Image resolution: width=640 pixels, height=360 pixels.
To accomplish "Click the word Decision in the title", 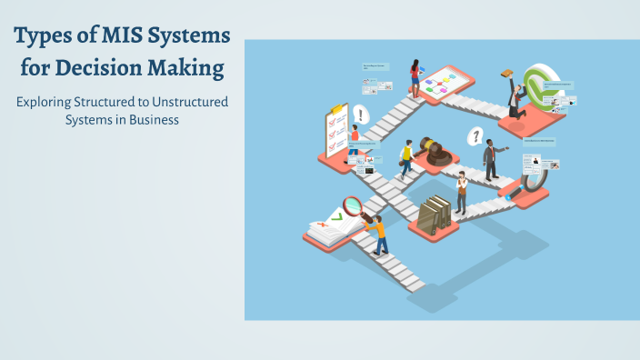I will (x=109, y=68).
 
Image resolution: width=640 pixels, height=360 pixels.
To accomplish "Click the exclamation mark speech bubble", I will (x=361, y=115).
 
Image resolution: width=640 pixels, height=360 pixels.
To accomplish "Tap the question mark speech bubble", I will (x=474, y=137).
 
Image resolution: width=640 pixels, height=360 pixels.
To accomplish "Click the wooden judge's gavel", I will (x=437, y=153).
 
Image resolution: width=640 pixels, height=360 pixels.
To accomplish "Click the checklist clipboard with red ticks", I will (x=334, y=132).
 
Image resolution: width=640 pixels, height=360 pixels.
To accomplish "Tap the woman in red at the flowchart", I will (x=415, y=76).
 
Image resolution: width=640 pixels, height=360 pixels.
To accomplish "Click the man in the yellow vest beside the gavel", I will (x=407, y=157).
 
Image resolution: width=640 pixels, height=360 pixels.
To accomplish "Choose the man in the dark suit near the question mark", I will (x=491, y=159).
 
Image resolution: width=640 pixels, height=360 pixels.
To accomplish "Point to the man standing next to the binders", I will (x=462, y=192).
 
